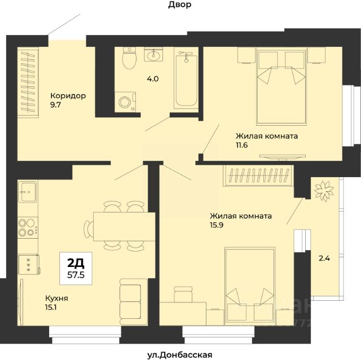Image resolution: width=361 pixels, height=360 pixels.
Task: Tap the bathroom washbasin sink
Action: pos(153,54)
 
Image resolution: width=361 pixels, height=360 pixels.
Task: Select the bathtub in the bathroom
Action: pos(186,80)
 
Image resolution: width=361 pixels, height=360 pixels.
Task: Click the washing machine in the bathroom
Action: pos(125,102)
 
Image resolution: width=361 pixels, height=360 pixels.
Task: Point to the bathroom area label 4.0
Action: pos(153,79)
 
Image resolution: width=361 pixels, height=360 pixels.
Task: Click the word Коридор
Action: pos(68,95)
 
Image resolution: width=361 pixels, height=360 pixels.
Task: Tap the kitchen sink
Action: pos(28,192)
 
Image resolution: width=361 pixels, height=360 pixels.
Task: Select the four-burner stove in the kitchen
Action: pos(28,228)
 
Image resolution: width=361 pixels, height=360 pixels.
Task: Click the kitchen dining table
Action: pos(124,227)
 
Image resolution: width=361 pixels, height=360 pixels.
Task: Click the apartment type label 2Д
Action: pos(76,263)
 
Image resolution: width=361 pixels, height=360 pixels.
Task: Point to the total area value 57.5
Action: pos(76,275)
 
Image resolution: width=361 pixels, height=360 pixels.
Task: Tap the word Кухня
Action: pos(56,298)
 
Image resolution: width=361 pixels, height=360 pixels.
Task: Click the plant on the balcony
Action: pos(324,191)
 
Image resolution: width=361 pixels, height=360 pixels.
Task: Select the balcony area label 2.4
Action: pos(324,258)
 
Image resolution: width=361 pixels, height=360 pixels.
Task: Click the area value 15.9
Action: pos(217,225)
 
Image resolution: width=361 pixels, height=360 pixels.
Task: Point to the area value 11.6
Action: pos(242,145)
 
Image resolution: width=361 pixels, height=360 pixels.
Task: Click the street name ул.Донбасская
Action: pos(179,355)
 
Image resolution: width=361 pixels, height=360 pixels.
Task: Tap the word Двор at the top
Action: pos(179,5)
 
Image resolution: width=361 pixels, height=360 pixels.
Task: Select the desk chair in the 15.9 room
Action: pos(183,294)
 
